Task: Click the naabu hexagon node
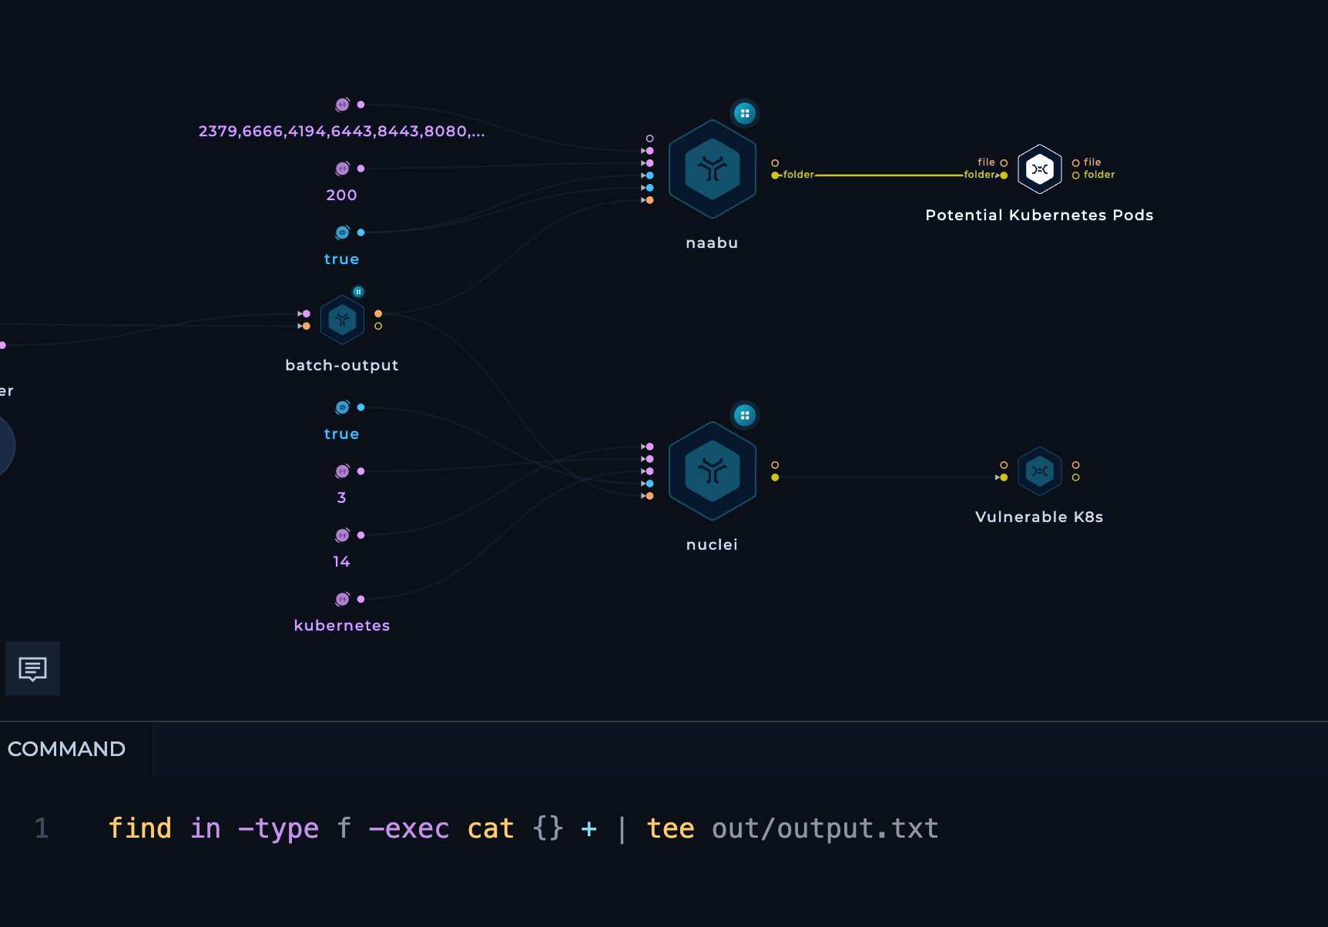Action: point(713,169)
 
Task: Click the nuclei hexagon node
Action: point(713,471)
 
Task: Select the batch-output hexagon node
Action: point(342,320)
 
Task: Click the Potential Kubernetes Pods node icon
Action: point(1040,169)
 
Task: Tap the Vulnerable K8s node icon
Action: point(1040,471)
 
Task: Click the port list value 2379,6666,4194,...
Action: point(342,132)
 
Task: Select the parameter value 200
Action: point(342,196)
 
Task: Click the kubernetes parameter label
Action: point(342,626)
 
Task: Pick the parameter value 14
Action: point(342,562)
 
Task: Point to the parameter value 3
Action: point(342,498)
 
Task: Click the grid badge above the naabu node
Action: point(745,114)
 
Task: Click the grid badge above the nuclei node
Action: point(745,416)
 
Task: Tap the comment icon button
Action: point(33,668)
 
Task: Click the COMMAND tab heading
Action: point(66,749)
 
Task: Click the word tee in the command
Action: point(670,829)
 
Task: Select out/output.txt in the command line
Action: point(825,829)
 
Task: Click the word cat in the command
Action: point(491,829)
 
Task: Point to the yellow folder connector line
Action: point(889,176)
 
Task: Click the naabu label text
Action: point(713,243)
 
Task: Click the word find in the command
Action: point(139,829)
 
